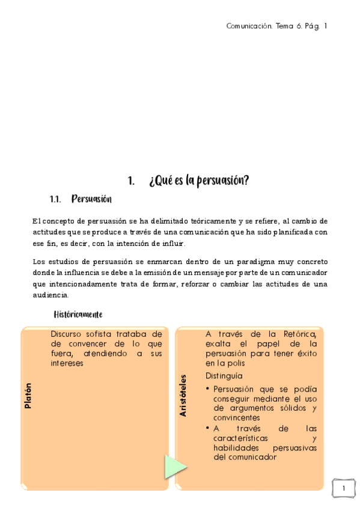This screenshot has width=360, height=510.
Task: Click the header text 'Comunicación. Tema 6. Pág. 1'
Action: coord(276,26)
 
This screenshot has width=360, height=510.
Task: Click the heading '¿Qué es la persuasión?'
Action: coord(199,180)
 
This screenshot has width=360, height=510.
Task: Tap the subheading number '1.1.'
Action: coord(56,199)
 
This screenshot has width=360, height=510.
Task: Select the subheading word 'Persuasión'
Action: coord(91,199)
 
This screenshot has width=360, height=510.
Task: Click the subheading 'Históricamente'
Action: coord(78,314)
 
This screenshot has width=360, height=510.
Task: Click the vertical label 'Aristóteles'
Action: coord(183,395)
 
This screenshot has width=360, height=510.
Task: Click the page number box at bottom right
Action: coord(343,488)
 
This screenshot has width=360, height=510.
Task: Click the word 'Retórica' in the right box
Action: coord(300,334)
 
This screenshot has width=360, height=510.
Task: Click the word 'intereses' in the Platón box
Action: coord(67,364)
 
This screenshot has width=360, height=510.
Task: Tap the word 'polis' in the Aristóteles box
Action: coord(241,363)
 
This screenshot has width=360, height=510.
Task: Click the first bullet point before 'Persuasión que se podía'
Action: coord(208,389)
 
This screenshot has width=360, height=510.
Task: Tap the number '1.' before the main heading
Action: coord(131,180)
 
